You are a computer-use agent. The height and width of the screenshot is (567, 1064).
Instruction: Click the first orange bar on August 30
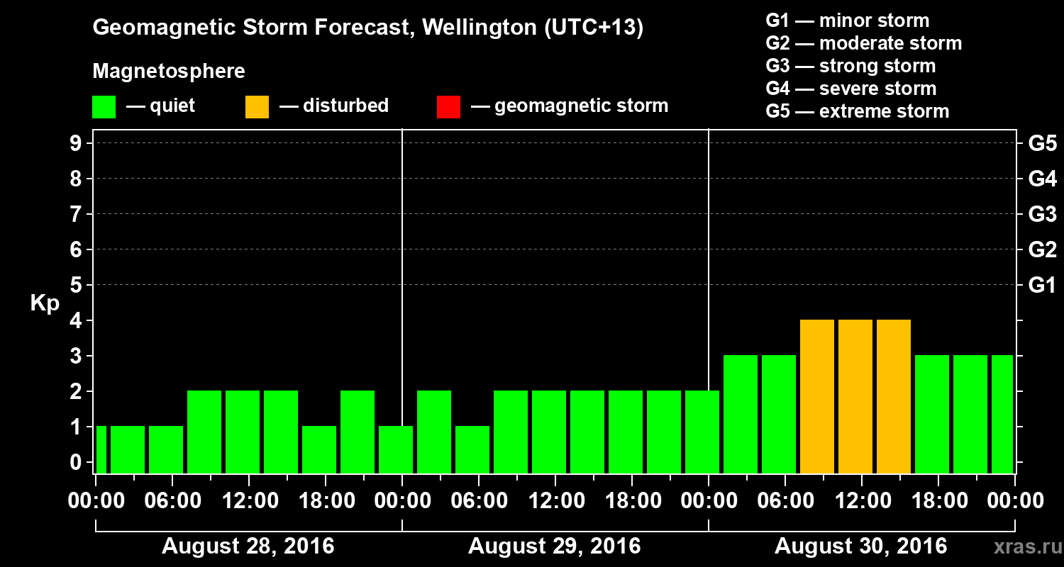(x=817, y=396)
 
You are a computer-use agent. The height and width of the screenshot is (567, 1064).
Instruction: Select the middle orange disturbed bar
(x=855, y=396)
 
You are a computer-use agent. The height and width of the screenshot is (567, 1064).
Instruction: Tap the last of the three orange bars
(x=894, y=396)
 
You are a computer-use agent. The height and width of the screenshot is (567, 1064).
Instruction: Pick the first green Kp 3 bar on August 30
(x=741, y=414)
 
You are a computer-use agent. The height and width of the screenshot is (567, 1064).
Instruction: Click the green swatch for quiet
(x=104, y=106)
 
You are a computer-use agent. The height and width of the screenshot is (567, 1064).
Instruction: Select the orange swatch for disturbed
(x=257, y=106)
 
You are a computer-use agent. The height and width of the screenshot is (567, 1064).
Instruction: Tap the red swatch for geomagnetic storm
(x=448, y=106)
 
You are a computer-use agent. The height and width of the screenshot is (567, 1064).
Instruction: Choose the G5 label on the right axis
(x=1042, y=143)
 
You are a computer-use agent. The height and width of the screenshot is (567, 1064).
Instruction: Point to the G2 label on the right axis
(x=1042, y=249)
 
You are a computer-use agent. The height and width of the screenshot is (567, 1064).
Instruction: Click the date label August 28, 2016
(x=248, y=546)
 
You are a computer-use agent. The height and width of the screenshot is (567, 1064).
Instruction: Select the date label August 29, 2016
(x=555, y=546)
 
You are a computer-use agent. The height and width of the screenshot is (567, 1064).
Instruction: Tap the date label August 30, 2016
(x=860, y=546)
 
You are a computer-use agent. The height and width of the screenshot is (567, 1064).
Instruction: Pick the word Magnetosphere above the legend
(x=169, y=72)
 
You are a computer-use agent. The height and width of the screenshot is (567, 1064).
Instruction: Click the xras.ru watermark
(x=1022, y=547)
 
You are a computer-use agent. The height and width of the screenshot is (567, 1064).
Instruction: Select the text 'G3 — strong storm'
(x=850, y=66)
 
